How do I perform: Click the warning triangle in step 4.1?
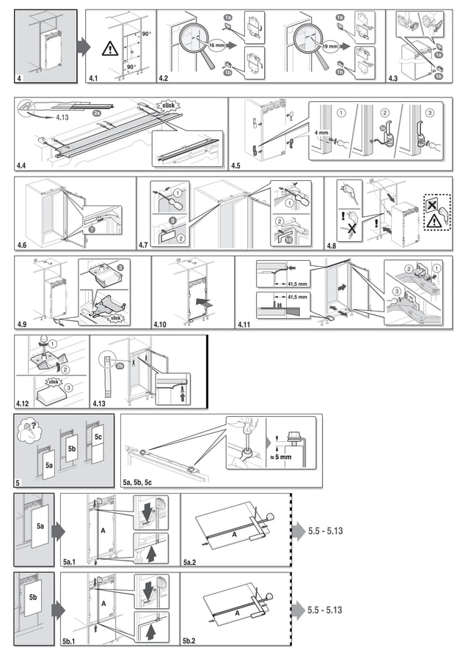click(109, 49)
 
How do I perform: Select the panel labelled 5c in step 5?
click(98, 437)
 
